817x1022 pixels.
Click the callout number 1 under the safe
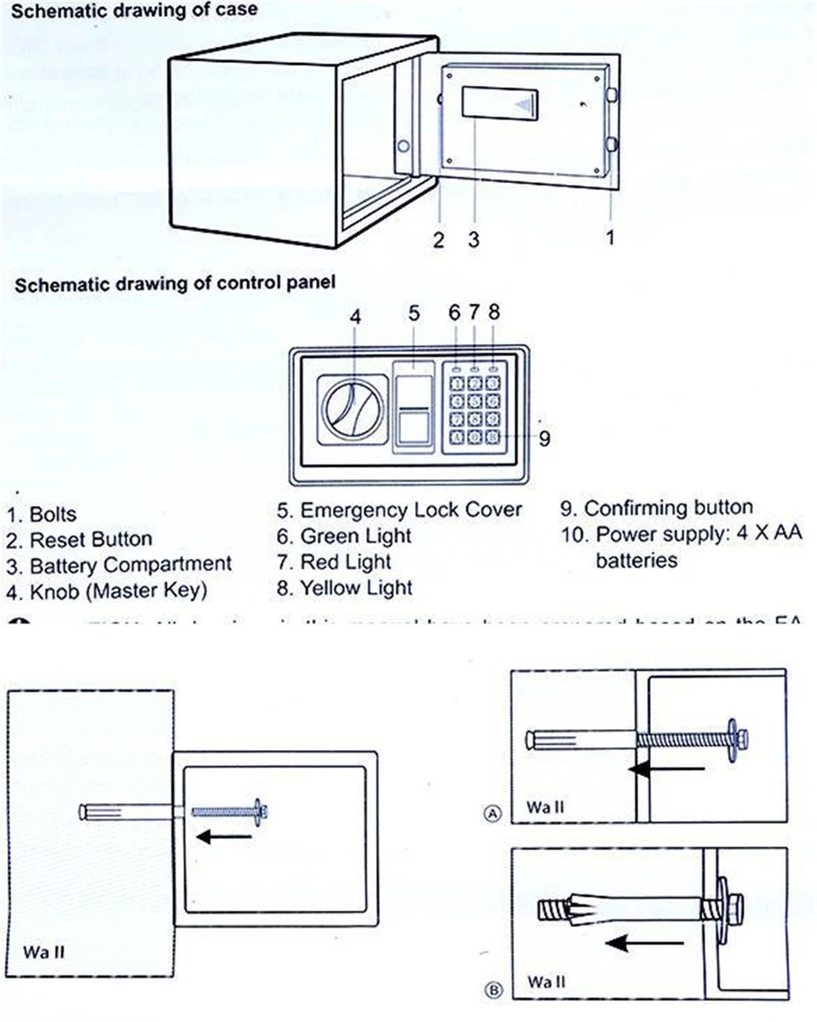tap(610, 238)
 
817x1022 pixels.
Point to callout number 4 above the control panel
tap(356, 317)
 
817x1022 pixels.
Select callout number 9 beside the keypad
tap(544, 439)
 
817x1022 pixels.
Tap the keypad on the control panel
tap(475, 407)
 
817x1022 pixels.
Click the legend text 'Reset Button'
tap(91, 539)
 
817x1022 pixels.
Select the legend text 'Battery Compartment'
tap(130, 565)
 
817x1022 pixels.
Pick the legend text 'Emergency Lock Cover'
tap(411, 510)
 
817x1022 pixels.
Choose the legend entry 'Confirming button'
tap(668, 508)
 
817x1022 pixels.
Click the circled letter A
tap(492, 814)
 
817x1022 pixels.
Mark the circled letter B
tap(492, 990)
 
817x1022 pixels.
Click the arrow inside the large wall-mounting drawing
tap(225, 837)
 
